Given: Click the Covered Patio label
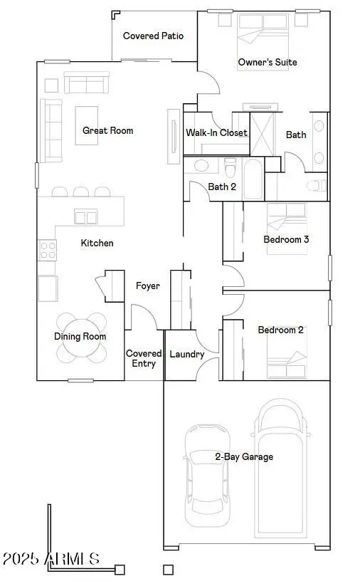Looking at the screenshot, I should pyautogui.click(x=153, y=36).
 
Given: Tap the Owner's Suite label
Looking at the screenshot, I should pyautogui.click(x=267, y=63).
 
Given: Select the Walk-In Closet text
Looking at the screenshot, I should pyautogui.click(x=216, y=133).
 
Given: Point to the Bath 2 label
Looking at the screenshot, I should pyautogui.click(x=222, y=187).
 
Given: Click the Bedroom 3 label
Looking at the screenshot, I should pyautogui.click(x=286, y=240).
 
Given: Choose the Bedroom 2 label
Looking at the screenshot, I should pyautogui.click(x=280, y=330).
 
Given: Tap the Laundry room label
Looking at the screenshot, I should pyautogui.click(x=188, y=355).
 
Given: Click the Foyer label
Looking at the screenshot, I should pyautogui.click(x=147, y=286).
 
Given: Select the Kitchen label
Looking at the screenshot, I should pyautogui.click(x=97, y=244).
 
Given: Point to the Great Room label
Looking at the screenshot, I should pyautogui.click(x=107, y=131).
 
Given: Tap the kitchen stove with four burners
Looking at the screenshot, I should pyautogui.click(x=47, y=250).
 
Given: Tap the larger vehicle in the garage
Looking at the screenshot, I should pyautogui.click(x=283, y=466).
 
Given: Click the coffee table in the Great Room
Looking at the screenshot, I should pyautogui.click(x=87, y=125).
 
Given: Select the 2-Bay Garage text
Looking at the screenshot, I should pyautogui.click(x=244, y=457).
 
